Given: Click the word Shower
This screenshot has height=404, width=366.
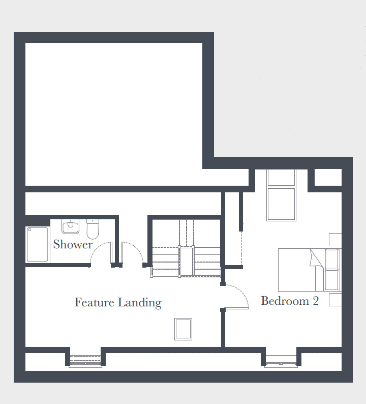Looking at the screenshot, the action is coord(73,244).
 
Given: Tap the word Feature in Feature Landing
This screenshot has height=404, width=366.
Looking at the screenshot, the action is coord(94,302).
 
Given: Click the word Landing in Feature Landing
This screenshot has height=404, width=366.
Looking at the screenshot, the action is coord(139,303).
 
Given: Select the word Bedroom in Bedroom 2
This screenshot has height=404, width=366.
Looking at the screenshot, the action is coord(285,301).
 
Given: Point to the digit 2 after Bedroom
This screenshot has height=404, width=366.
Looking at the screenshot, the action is coord(316,301).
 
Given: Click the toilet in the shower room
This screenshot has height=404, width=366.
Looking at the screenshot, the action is coord(93,229).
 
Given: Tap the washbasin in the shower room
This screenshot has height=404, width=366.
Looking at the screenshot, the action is coord(70,226).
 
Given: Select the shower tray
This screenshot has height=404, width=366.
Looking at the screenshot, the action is coord(37,244).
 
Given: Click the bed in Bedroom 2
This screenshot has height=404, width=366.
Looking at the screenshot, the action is coord(310,270).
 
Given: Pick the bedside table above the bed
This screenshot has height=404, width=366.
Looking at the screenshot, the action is coord(335,240).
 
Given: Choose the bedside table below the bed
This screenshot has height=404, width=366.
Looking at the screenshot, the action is coord(335,300).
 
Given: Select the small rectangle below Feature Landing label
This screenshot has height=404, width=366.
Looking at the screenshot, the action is coord(184,329).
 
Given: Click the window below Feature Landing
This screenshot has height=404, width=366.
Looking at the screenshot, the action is coord(85,361).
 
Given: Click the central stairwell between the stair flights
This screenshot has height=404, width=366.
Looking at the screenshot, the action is coord(187,261).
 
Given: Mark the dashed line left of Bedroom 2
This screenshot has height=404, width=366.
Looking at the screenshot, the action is coord(241,248).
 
